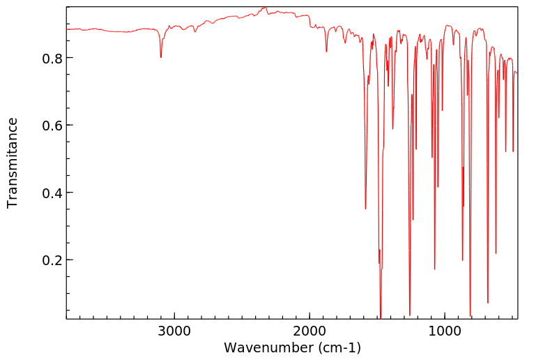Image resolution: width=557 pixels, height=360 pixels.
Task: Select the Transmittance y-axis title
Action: click(x=13, y=163)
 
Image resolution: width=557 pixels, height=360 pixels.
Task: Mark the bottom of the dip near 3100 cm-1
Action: click(x=161, y=57)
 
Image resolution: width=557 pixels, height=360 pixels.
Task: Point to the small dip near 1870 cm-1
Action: click(x=326, y=52)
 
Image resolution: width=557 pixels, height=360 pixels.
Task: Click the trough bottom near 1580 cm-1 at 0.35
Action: click(x=365, y=209)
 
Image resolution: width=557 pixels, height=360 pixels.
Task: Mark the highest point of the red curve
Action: click(x=265, y=8)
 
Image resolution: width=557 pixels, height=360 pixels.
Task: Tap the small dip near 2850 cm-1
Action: click(x=195, y=32)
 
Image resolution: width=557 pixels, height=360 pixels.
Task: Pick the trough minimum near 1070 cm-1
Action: click(x=434, y=269)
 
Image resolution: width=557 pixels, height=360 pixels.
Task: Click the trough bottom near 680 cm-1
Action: click(x=487, y=303)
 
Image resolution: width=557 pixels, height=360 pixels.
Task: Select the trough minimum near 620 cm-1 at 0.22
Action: click(x=496, y=253)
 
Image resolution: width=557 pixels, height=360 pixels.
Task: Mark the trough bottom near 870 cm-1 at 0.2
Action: click(x=462, y=260)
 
